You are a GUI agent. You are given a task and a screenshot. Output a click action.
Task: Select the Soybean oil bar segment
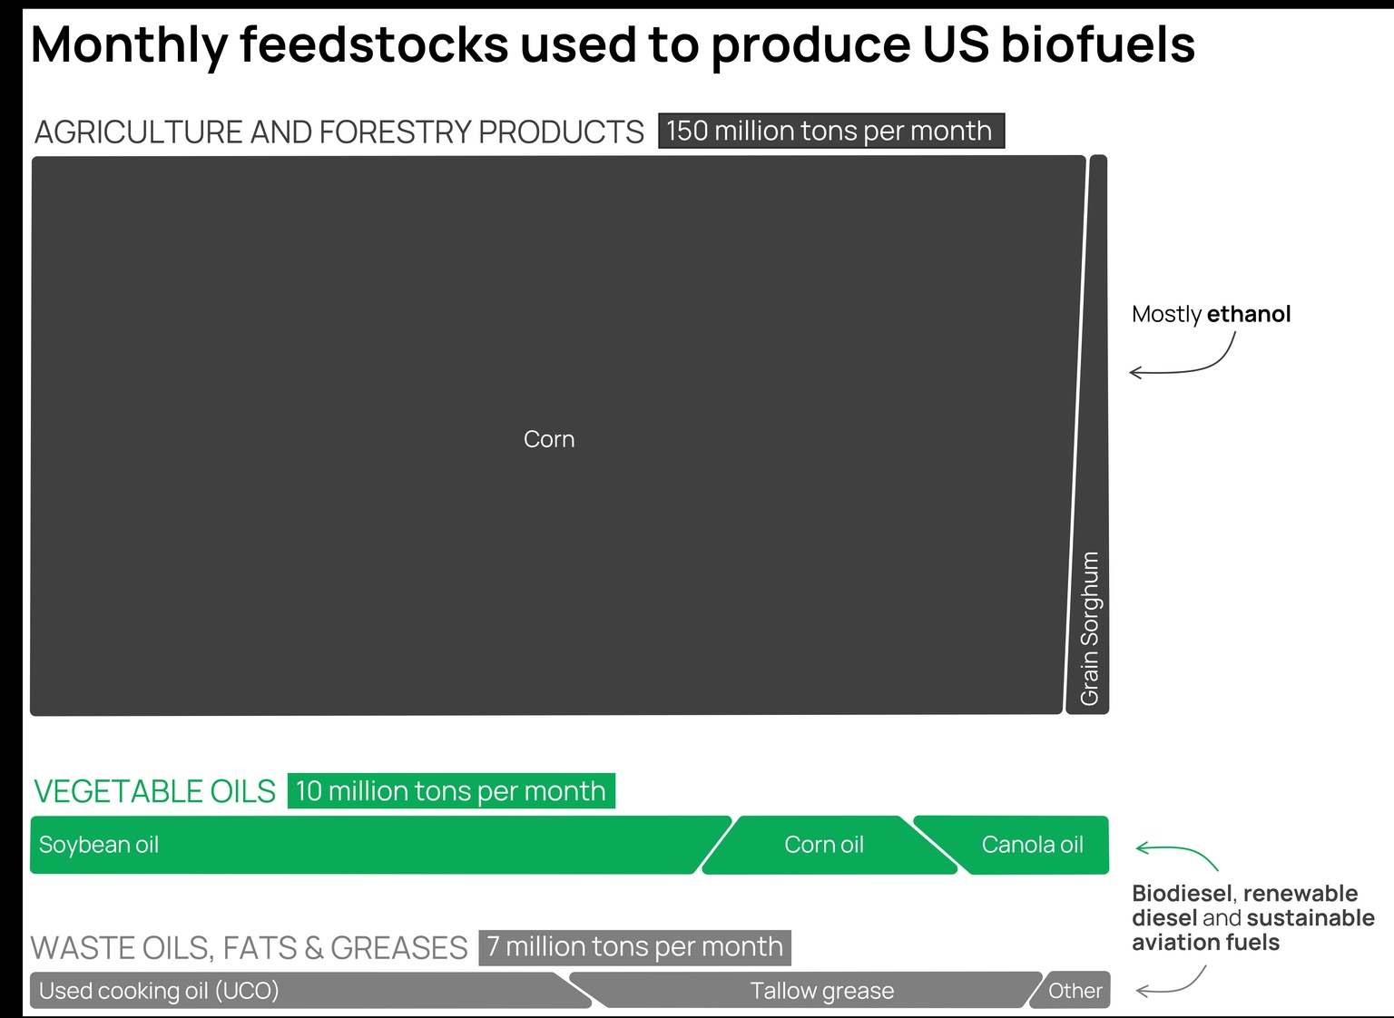tap(363, 845)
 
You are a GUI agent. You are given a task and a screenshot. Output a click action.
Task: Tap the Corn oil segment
tap(824, 845)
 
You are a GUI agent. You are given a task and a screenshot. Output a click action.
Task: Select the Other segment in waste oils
tap(1075, 991)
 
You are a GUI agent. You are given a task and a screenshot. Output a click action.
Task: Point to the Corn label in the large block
tap(549, 439)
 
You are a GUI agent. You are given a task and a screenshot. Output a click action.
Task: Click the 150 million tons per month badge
tap(830, 131)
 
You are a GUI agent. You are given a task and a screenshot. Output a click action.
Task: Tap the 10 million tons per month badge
tap(450, 791)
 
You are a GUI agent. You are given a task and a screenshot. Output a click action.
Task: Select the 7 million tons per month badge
tap(634, 947)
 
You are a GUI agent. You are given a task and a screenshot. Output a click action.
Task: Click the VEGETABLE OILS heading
tap(154, 792)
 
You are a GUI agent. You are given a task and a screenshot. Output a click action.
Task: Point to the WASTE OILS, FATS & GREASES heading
tap(249, 948)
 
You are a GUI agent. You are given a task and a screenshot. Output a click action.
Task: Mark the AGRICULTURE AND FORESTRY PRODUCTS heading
tap(339, 132)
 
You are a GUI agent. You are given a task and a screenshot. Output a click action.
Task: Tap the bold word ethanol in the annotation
tap(1249, 314)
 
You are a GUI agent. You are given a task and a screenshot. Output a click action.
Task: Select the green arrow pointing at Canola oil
tap(1176, 854)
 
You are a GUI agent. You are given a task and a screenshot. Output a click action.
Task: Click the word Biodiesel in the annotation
tap(1183, 894)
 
